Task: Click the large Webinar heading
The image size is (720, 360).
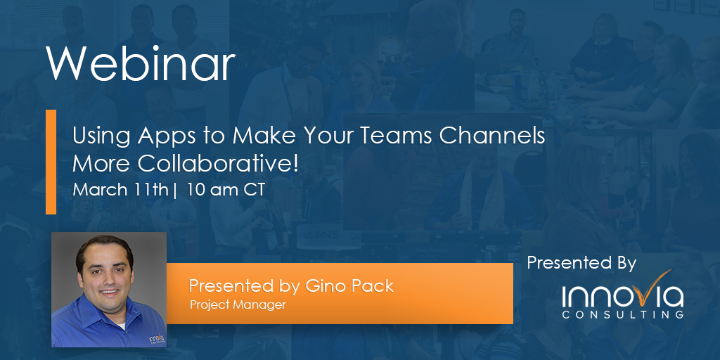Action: pos(141,64)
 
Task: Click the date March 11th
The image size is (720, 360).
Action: pos(120,190)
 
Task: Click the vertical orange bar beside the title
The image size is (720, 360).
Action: pos(51,162)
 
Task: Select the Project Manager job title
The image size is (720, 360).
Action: pos(238,304)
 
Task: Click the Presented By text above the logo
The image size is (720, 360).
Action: pos(581,264)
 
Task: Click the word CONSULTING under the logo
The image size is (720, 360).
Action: pos(622,315)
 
